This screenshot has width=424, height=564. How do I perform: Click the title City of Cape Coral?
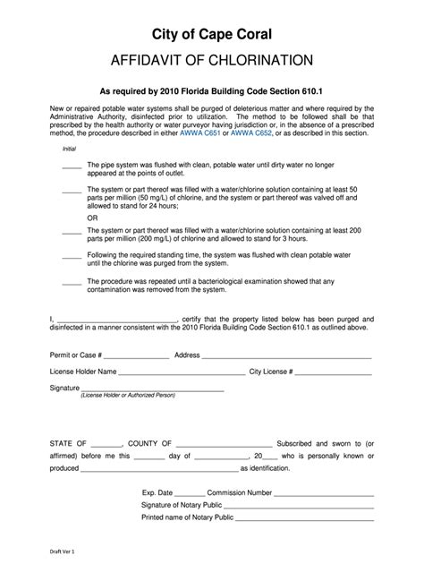coord(211,34)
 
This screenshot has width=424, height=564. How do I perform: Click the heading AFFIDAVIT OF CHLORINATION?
coord(211,61)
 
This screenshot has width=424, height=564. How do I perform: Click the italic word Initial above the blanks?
coord(68,149)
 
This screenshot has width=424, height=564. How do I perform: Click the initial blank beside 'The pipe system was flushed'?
coord(72,167)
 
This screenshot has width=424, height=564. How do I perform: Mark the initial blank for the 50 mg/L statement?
coord(72,192)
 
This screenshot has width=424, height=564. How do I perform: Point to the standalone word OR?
coord(92,218)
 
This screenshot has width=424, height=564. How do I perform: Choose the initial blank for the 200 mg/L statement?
coord(72,232)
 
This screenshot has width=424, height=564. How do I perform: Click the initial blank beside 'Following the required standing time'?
coord(72,257)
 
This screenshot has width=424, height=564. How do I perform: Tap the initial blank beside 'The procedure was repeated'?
coord(72,282)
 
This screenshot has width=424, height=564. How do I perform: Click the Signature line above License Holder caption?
coord(152,389)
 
